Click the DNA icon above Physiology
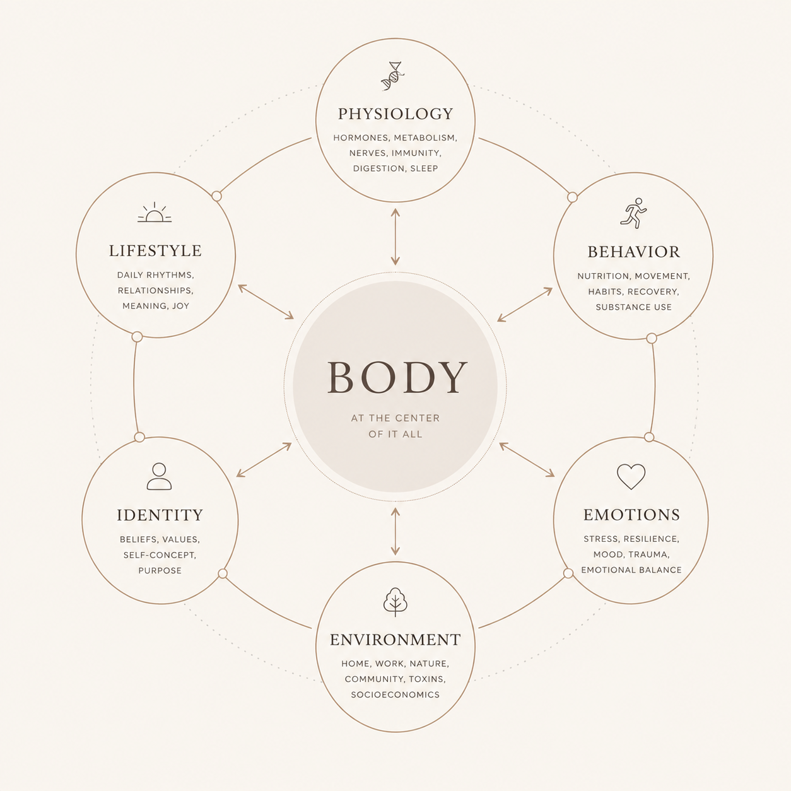[393, 76]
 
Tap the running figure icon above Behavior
[633, 213]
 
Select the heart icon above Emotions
[631, 477]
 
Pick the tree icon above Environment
[395, 602]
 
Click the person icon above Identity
[159, 476]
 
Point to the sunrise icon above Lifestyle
[155, 212]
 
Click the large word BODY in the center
[397, 378]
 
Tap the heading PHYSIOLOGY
[396, 114]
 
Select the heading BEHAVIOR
[633, 252]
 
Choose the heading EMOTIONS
[631, 515]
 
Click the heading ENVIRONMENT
[396, 640]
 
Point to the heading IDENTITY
[160, 515]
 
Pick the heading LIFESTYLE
[155, 251]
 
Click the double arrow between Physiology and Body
[396, 237]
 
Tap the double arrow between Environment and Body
[396, 531]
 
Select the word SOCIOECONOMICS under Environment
[396, 694]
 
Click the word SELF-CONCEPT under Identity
[160, 555]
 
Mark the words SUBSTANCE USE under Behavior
[633, 307]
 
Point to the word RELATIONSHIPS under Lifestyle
[155, 291]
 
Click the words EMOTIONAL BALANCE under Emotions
[631, 570]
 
